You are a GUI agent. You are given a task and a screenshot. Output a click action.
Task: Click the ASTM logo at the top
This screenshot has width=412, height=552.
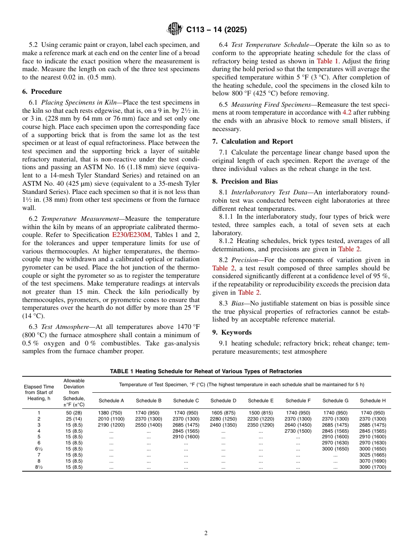175,30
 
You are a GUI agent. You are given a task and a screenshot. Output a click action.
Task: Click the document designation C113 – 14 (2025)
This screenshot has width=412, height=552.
216,30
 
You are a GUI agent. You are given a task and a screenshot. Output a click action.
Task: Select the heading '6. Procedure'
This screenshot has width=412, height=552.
42,92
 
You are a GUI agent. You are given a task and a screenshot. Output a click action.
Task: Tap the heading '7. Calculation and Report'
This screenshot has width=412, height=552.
252,141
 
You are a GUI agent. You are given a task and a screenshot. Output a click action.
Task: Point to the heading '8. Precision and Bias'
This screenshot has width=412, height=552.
245,181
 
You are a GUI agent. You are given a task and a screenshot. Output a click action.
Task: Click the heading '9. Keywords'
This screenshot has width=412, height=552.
232,332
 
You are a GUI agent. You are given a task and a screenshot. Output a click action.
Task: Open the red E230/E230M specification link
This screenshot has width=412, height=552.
131,235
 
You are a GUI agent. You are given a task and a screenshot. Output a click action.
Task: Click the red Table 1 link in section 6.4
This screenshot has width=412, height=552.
330,61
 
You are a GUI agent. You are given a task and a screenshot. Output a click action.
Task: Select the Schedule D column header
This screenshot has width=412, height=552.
223,401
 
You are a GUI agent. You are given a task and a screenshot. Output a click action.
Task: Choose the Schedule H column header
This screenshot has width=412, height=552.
373,401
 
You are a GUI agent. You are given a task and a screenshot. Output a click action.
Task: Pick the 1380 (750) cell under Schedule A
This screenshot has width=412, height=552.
110,413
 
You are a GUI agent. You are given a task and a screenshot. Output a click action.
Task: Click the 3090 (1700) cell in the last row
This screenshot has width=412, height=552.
373,467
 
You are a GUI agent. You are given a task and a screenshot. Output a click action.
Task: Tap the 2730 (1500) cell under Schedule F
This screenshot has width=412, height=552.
298,431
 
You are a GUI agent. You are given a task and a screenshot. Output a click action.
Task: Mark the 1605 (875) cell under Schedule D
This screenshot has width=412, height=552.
223,413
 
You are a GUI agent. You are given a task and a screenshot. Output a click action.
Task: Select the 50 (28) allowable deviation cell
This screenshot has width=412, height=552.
74,413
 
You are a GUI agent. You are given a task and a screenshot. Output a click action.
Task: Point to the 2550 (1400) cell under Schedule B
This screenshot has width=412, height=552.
148,425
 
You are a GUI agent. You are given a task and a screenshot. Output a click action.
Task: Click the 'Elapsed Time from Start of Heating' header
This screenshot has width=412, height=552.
39,392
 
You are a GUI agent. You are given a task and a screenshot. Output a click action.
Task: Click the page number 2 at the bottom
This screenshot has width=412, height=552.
206,533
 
